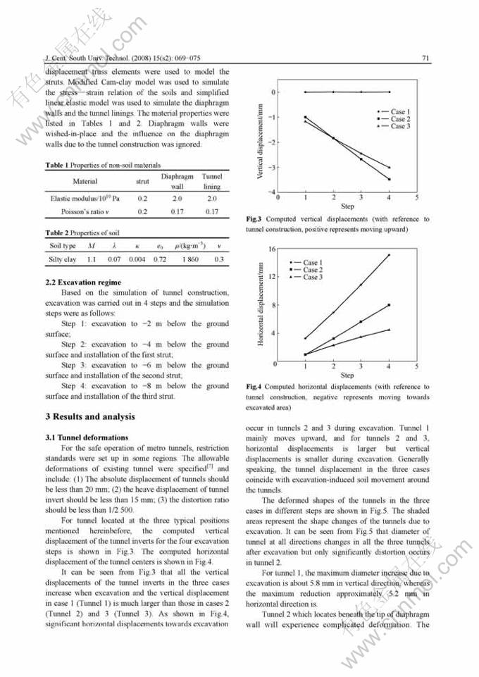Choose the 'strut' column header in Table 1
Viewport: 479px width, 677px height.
tap(142, 181)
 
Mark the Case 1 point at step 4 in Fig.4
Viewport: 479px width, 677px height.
tap(389, 255)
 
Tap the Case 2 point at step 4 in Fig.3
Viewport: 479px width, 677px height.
tap(389, 179)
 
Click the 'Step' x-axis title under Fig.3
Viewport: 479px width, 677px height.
tap(347, 206)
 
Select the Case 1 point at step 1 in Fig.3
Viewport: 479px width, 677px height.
tap(305, 92)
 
